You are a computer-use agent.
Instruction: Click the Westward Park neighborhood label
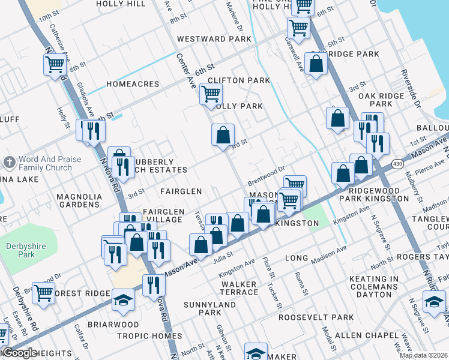click(214, 39)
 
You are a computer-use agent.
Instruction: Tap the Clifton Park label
click(239, 80)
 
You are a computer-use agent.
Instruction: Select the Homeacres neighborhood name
click(132, 85)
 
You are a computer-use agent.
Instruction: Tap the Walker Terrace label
click(240, 288)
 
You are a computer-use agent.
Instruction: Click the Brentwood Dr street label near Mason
click(265, 176)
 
